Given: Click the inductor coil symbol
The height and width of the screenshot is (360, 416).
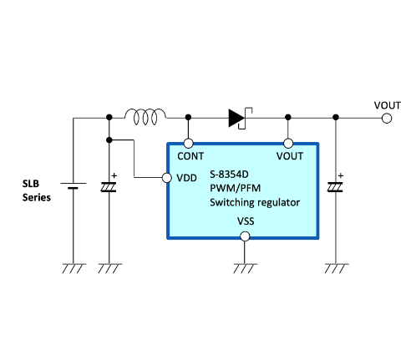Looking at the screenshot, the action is (x=145, y=117).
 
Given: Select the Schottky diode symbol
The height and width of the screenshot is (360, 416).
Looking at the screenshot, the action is (x=240, y=118).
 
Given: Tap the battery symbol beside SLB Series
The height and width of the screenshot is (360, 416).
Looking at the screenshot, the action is (x=74, y=185).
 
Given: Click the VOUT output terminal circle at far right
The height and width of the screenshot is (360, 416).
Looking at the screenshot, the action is (x=387, y=119).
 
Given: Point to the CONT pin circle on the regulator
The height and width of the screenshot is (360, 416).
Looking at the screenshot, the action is (x=189, y=144).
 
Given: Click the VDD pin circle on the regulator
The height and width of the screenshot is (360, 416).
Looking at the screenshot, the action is (x=167, y=178).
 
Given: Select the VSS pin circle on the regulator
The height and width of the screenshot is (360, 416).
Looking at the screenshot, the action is (x=245, y=236).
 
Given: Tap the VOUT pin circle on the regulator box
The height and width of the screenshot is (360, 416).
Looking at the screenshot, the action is (x=288, y=144).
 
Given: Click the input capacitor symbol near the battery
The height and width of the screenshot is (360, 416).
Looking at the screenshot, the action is (x=109, y=187).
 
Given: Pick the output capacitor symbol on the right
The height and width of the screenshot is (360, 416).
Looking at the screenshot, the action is (x=335, y=187).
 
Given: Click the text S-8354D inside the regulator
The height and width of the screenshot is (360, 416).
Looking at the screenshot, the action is (x=229, y=175).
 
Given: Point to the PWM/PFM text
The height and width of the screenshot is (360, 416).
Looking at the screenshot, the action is (x=236, y=189).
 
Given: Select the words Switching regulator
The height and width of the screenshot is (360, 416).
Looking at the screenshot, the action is (x=255, y=202).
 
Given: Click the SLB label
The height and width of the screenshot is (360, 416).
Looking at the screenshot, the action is (x=31, y=184).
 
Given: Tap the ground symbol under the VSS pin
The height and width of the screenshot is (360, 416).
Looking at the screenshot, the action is (x=245, y=268).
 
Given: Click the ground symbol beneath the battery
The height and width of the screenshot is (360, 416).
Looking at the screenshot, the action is (x=74, y=268).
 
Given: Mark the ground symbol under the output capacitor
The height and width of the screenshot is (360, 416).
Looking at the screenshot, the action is (x=337, y=268).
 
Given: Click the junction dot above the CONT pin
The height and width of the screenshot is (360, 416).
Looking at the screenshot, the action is (x=189, y=117).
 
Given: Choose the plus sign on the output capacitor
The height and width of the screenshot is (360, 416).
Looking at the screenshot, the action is (x=341, y=175).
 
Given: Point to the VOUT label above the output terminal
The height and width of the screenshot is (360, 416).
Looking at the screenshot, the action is (x=388, y=105).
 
